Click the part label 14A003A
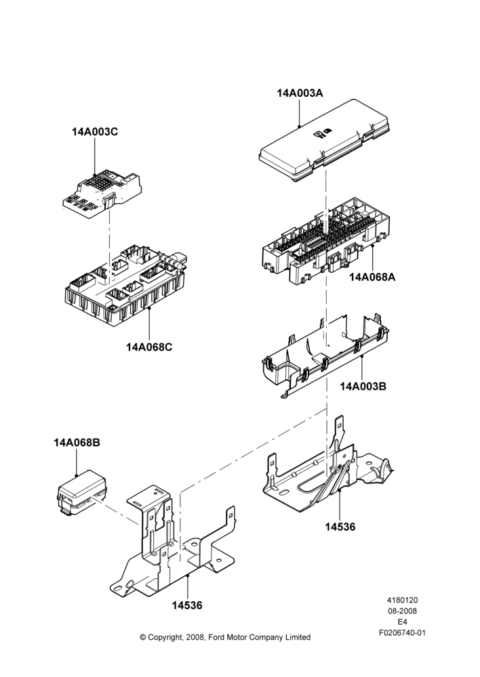pyautogui.click(x=300, y=93)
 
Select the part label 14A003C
pyautogui.click(x=95, y=132)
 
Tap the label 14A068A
pyautogui.click(x=372, y=277)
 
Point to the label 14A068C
pyautogui.click(x=149, y=347)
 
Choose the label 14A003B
pyautogui.click(x=363, y=386)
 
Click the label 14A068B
pyautogui.click(x=77, y=443)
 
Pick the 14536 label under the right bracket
pyautogui.click(x=340, y=527)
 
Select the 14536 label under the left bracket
pyautogui.click(x=187, y=605)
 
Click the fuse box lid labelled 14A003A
pyautogui.click(x=324, y=140)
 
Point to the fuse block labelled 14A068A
pyautogui.click(x=327, y=244)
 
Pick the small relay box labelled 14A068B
pyautogui.click(x=82, y=492)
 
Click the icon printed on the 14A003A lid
pyautogui.click(x=323, y=134)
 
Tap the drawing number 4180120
pyautogui.click(x=402, y=600)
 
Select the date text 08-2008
pyautogui.click(x=402, y=611)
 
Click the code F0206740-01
pyautogui.click(x=402, y=633)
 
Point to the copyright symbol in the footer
pyautogui.click(x=143, y=637)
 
